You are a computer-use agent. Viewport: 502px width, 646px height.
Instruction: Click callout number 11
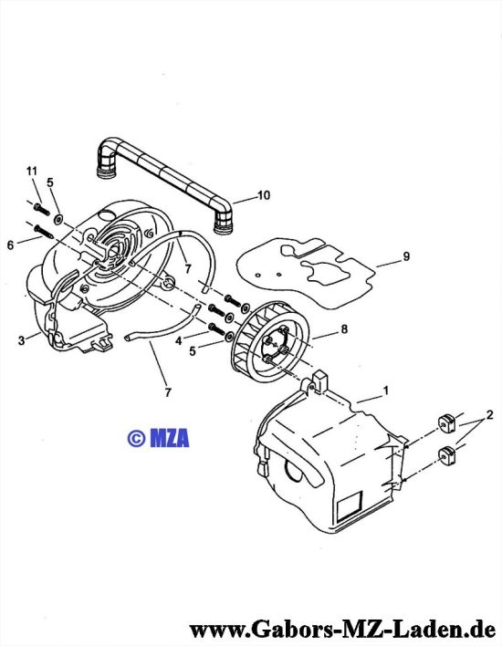(x=32, y=171)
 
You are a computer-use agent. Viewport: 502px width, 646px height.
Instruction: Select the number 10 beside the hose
(x=264, y=195)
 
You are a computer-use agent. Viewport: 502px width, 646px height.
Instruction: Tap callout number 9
(x=406, y=256)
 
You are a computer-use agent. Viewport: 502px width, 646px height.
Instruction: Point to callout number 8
(x=344, y=328)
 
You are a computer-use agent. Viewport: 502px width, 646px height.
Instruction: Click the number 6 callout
(x=10, y=245)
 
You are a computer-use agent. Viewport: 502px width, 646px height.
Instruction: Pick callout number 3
(x=21, y=340)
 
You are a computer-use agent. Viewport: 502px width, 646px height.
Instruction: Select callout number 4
(x=179, y=341)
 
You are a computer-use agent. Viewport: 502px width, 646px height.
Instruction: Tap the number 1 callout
(x=386, y=391)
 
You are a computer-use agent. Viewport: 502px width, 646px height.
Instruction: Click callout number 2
(x=489, y=414)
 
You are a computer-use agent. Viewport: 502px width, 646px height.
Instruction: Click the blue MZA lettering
(x=170, y=438)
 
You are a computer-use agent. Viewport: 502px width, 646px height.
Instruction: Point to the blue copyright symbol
(x=136, y=438)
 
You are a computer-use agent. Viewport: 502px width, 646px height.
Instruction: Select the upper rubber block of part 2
(x=445, y=422)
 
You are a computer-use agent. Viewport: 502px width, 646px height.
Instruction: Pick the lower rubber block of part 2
(x=447, y=454)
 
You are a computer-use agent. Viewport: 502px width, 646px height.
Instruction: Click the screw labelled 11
(x=42, y=208)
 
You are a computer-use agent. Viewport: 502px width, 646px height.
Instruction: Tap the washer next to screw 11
(x=58, y=218)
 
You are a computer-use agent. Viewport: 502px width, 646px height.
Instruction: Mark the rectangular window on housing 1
(x=350, y=505)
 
